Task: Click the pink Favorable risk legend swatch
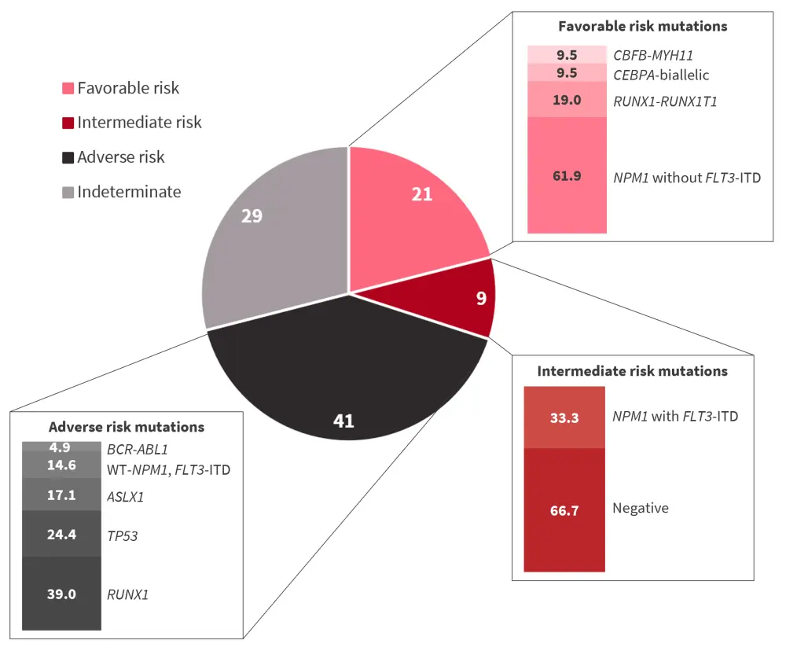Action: (68, 88)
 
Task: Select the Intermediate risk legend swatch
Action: (68, 123)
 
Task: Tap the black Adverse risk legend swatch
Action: (68, 157)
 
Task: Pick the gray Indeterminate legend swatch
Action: (68, 192)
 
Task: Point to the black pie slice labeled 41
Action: (346, 385)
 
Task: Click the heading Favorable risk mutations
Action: (642, 26)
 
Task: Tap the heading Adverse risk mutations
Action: (127, 427)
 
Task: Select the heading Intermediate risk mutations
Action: (632, 370)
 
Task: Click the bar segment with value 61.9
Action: (567, 175)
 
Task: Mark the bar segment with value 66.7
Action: (564, 509)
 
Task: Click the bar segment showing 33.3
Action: (564, 417)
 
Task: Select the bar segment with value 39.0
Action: (61, 594)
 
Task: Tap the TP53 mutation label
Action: (122, 535)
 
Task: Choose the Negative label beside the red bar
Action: (641, 508)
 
